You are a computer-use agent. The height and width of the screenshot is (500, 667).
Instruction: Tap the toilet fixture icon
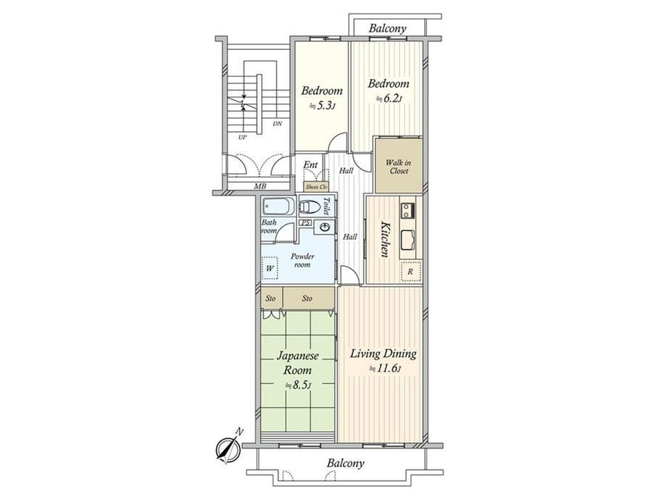(310, 207)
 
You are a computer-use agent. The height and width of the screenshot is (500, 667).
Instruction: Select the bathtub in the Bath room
(278, 207)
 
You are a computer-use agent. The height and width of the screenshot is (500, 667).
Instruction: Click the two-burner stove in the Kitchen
(407, 210)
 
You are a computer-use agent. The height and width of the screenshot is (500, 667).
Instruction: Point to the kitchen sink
(407, 239)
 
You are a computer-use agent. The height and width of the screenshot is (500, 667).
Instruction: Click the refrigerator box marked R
(410, 271)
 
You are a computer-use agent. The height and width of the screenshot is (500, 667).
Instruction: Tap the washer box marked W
(269, 268)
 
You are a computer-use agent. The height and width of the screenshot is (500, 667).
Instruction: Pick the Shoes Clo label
(316, 187)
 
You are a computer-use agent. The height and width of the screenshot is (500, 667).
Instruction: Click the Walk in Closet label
(398, 167)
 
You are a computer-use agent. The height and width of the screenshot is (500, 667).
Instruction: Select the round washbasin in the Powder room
(326, 227)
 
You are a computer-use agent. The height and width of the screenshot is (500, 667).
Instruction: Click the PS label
(305, 222)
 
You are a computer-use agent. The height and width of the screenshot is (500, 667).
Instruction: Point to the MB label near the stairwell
(260, 186)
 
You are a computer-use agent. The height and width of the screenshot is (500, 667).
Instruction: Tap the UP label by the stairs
(242, 138)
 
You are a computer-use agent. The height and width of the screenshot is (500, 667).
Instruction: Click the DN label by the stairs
(278, 124)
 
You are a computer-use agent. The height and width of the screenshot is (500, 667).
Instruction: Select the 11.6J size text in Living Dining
(386, 368)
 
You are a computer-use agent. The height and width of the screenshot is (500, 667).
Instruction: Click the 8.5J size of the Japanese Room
(299, 386)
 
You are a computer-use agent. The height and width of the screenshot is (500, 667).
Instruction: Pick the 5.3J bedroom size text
(323, 106)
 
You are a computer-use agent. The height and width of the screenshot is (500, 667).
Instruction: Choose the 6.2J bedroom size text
(389, 99)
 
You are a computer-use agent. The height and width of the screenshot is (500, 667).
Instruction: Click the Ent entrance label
(310, 165)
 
